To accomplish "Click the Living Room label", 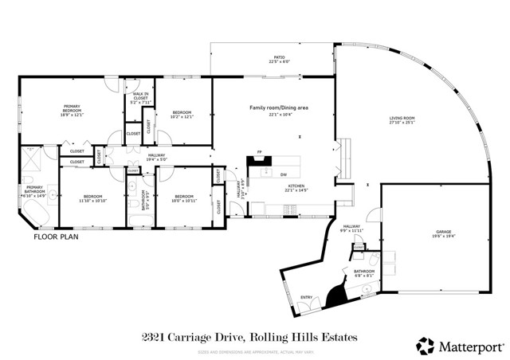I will click(x=402, y=120).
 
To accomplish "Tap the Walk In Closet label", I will click(x=140, y=97).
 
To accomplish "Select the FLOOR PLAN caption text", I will click(x=57, y=237).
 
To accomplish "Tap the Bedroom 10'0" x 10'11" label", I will click(x=184, y=198).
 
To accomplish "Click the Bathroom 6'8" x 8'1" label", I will click(x=364, y=274).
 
